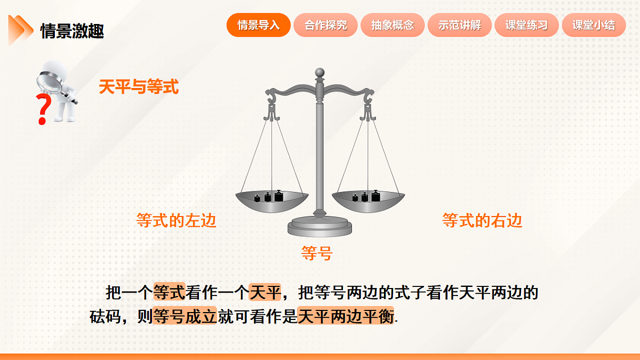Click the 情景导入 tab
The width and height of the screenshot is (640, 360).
[x=259, y=25]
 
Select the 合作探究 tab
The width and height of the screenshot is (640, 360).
[x=326, y=25]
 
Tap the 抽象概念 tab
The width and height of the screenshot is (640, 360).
[x=393, y=25]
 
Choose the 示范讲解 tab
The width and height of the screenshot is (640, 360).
[x=460, y=25]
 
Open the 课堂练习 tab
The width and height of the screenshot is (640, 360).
[x=526, y=25]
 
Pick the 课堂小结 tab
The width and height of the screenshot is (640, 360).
[x=594, y=25]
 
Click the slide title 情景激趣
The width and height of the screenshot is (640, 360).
[x=72, y=31]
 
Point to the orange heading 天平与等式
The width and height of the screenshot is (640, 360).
[x=139, y=87]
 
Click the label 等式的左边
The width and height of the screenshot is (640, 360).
[x=177, y=220]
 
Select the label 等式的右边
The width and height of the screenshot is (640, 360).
[x=482, y=220]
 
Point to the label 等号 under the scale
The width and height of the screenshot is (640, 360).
[x=317, y=253]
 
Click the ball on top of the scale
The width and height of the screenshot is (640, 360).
[x=319, y=72]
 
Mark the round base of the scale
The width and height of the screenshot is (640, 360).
[x=319, y=227]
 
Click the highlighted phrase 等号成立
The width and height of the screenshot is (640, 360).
[x=185, y=317]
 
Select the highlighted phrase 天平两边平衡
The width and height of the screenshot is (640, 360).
[x=346, y=317]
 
